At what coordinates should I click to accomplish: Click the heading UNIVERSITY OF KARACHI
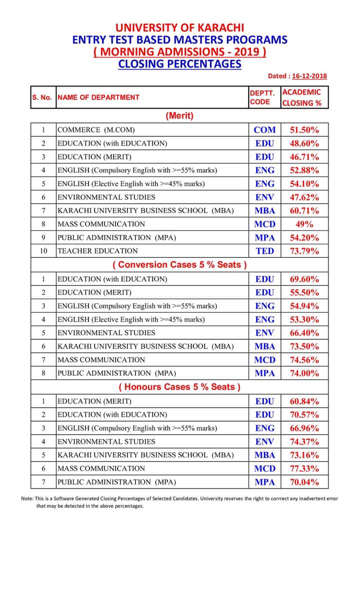point(179,27)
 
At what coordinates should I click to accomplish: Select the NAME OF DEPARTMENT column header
point(98,97)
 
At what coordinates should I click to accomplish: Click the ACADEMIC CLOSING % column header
point(301,97)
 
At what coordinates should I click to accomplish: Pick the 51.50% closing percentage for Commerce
point(304,130)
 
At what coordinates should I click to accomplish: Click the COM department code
point(264,130)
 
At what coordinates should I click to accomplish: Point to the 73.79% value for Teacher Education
point(304,251)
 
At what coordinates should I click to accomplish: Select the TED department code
point(264,251)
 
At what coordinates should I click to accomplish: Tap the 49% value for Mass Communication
point(304,224)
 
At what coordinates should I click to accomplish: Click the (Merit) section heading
point(179,116)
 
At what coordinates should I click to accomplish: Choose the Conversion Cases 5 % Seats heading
point(179,265)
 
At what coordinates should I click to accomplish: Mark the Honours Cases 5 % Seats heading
point(179,387)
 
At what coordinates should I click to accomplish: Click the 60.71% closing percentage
point(304,211)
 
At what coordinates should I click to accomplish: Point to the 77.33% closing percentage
point(304,469)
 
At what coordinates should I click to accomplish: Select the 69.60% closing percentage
point(304,279)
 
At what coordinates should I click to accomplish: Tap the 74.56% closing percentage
point(304,360)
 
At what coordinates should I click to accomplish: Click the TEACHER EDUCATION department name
point(97,251)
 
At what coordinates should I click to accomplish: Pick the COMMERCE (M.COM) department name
point(96,130)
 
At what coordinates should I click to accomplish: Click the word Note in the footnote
point(27,499)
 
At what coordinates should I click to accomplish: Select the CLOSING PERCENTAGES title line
point(179,64)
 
